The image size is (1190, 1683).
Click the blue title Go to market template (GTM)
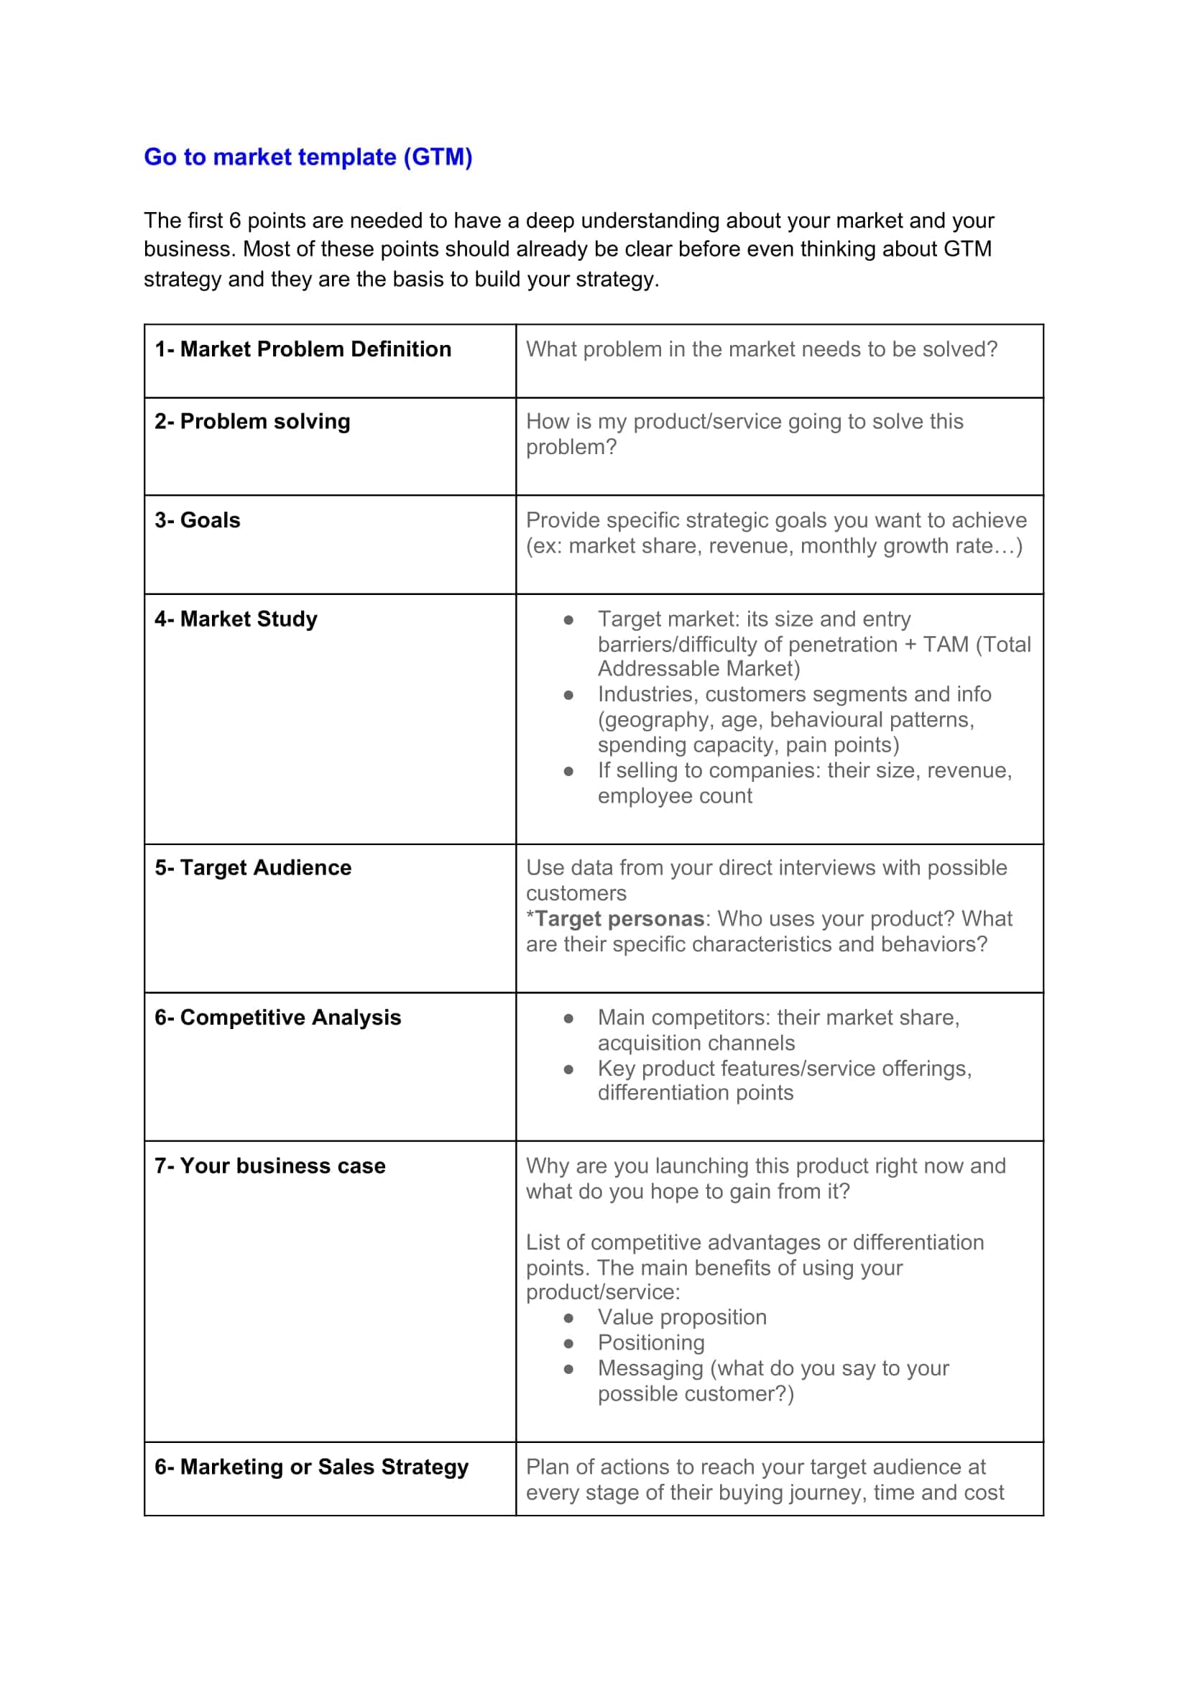coord(308,157)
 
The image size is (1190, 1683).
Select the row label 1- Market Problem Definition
coord(303,349)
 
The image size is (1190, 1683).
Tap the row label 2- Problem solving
coord(252,422)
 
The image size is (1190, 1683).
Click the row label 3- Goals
coord(197,520)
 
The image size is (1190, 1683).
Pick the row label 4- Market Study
coord(236,619)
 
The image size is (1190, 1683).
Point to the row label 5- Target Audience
coord(253,867)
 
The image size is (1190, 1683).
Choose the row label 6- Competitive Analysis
coord(277,1018)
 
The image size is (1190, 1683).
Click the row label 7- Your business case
coord(269,1166)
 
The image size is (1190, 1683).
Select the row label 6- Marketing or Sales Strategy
coord(311,1467)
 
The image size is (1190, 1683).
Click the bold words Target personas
coord(619,918)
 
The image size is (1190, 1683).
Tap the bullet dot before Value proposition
coord(568,1318)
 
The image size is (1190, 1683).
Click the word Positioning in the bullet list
coord(651,1343)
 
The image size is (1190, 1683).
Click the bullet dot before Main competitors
coord(568,1018)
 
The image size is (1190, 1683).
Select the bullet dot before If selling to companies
coord(568,771)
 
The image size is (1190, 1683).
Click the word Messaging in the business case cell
coord(650,1368)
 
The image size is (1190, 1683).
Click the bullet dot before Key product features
coord(568,1069)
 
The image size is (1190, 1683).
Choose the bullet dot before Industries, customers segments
coord(568,695)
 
